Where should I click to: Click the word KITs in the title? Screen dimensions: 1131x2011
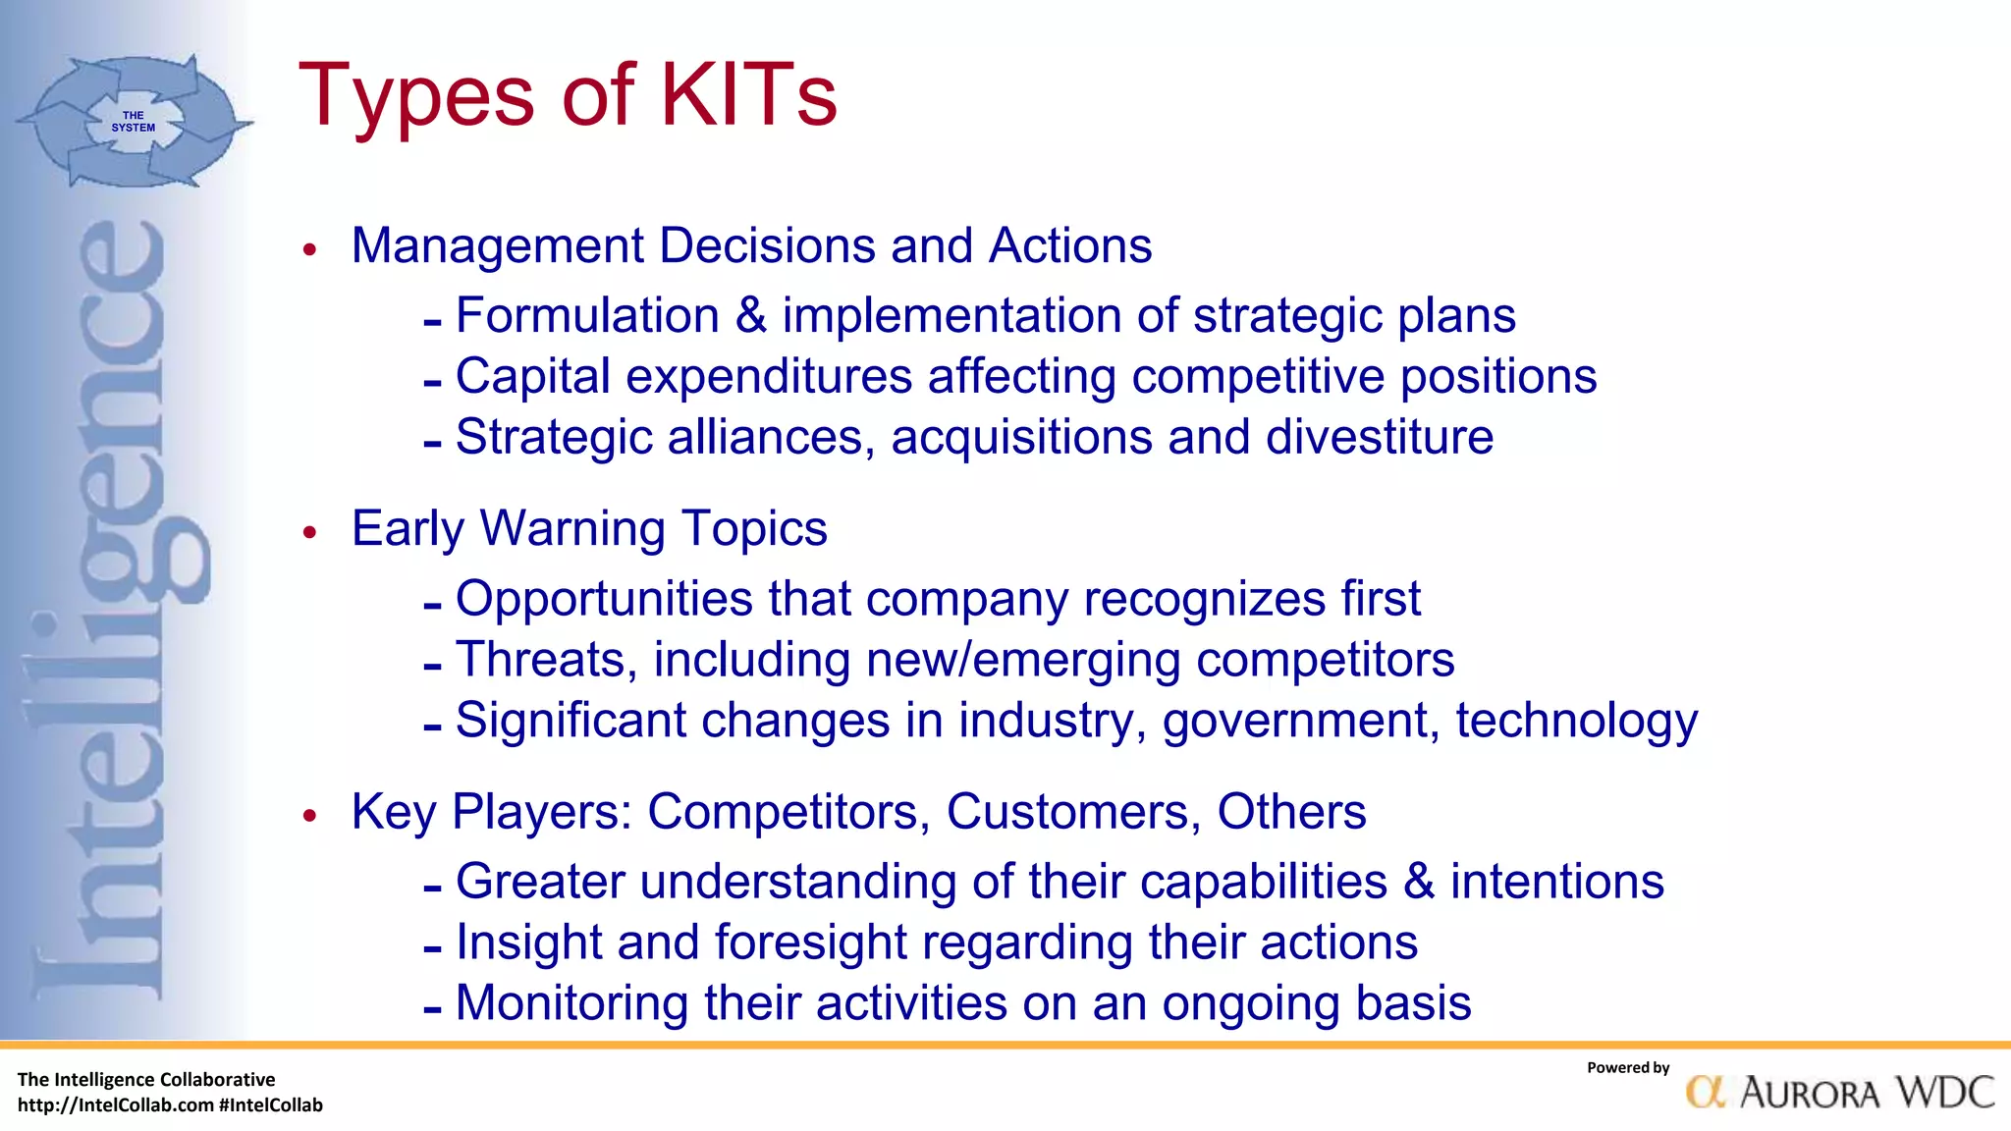748,95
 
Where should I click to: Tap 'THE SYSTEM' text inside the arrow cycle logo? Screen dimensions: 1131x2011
133,122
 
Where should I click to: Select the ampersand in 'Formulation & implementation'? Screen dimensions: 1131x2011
751,316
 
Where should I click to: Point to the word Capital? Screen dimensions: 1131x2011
533,377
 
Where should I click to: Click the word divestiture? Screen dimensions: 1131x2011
1380,437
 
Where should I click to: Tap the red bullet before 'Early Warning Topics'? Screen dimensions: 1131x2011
310,532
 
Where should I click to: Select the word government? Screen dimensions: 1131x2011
1294,722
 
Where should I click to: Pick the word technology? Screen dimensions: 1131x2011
1576,722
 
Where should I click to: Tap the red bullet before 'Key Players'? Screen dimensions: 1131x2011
310,815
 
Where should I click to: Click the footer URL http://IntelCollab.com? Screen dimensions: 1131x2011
115,1105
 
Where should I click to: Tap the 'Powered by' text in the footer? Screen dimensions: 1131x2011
1627,1068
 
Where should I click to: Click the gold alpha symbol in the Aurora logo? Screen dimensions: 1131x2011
1706,1093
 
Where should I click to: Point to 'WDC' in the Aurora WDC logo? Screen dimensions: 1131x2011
1944,1093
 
